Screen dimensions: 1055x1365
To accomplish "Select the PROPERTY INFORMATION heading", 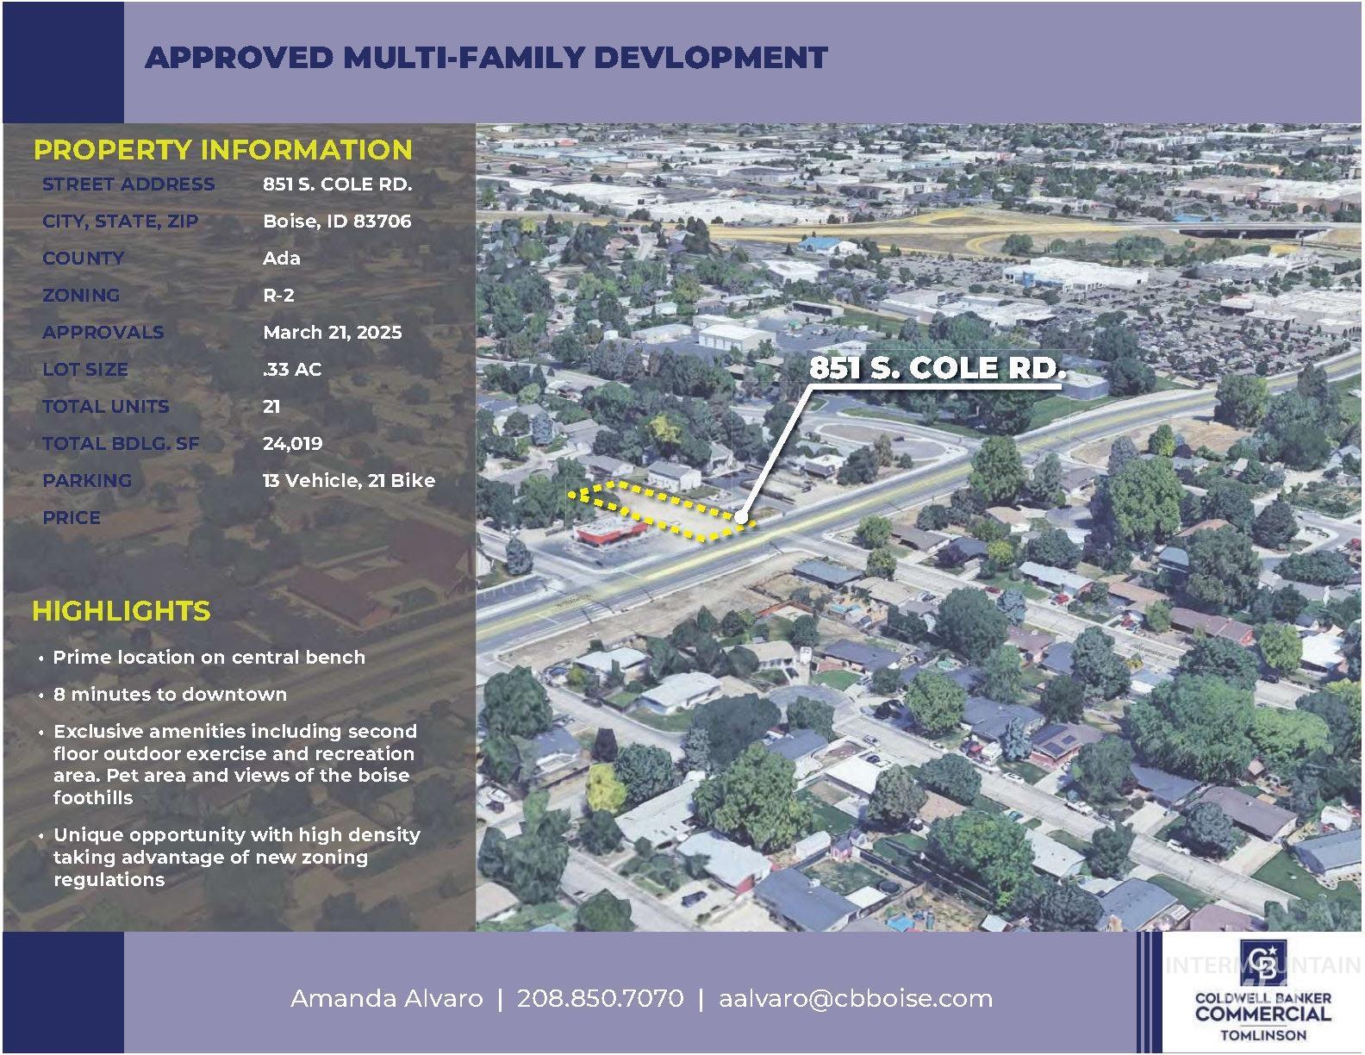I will (x=222, y=150).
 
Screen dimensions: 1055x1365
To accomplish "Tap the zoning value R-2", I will (x=278, y=296).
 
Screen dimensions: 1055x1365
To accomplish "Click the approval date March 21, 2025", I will (x=332, y=333).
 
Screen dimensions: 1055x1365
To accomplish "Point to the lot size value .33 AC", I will (x=291, y=370).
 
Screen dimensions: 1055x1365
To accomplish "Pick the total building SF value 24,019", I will (x=292, y=444).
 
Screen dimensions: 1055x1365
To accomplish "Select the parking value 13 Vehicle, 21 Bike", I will (x=348, y=481).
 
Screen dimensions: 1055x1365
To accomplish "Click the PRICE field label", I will (x=72, y=518).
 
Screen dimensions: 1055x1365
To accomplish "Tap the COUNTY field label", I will (x=83, y=259).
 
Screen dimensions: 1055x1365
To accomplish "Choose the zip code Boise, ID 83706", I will (x=337, y=222).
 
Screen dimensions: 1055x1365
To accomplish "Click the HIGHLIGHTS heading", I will (x=121, y=611).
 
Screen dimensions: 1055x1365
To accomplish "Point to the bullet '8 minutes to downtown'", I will (x=170, y=695).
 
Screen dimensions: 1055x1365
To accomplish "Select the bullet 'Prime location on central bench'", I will (x=209, y=658).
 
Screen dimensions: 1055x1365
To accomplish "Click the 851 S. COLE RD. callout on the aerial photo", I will (x=937, y=369).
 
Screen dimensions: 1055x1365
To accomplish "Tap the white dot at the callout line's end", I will (x=741, y=517).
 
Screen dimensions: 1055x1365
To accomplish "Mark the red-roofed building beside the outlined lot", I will (x=609, y=531).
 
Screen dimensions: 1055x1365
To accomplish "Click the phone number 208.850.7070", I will (x=600, y=999).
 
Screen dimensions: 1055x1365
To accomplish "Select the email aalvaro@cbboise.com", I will (x=855, y=999).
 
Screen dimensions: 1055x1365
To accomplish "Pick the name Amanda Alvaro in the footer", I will (x=386, y=999).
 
